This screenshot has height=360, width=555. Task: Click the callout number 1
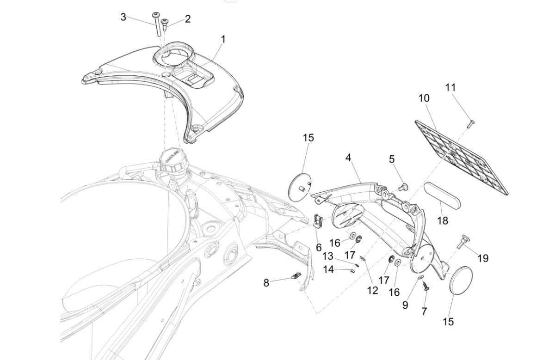pos(223,39)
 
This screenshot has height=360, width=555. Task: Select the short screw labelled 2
pos(166,22)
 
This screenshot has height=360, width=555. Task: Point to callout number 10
pos(424,98)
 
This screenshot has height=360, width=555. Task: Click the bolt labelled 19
pos(462,241)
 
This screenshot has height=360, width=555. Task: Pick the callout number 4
pos(348,158)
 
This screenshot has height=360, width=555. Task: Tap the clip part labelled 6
pos(317,221)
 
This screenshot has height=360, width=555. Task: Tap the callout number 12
pos(372,290)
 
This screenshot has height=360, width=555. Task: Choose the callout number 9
pos(405,305)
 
